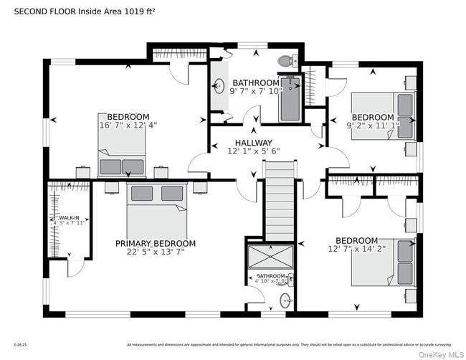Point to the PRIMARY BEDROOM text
click(x=155, y=244)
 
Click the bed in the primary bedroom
click(x=157, y=208)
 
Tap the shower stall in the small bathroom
click(x=270, y=256)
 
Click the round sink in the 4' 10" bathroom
click(x=285, y=302)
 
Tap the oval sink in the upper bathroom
click(x=219, y=87)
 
